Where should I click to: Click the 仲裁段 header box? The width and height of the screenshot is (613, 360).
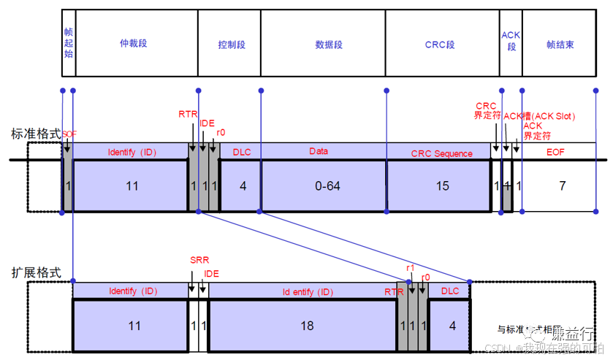coord(136,44)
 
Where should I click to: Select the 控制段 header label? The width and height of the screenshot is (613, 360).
coord(232,45)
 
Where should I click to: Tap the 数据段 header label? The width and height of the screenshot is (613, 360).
coord(328,45)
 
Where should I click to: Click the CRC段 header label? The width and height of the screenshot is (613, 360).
coord(440,45)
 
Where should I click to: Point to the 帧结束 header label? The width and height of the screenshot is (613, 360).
coord(560,45)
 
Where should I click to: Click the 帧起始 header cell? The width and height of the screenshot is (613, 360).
coord(69,44)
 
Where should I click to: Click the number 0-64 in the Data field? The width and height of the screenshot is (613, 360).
coord(327,186)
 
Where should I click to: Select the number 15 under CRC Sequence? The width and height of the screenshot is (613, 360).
coord(442,186)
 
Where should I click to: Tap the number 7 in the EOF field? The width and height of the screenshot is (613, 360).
coord(562,186)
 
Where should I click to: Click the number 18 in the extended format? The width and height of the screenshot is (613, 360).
coord(308,325)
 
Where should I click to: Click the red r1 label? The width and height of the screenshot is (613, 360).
coord(410,269)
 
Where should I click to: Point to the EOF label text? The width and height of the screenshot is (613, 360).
coord(556,153)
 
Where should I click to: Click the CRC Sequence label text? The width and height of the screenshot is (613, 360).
coord(441,153)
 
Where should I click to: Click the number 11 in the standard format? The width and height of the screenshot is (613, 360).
coord(132,186)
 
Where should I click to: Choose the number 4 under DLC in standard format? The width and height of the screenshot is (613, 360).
coord(243,186)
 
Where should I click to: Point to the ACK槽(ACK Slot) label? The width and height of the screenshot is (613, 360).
coord(540,116)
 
